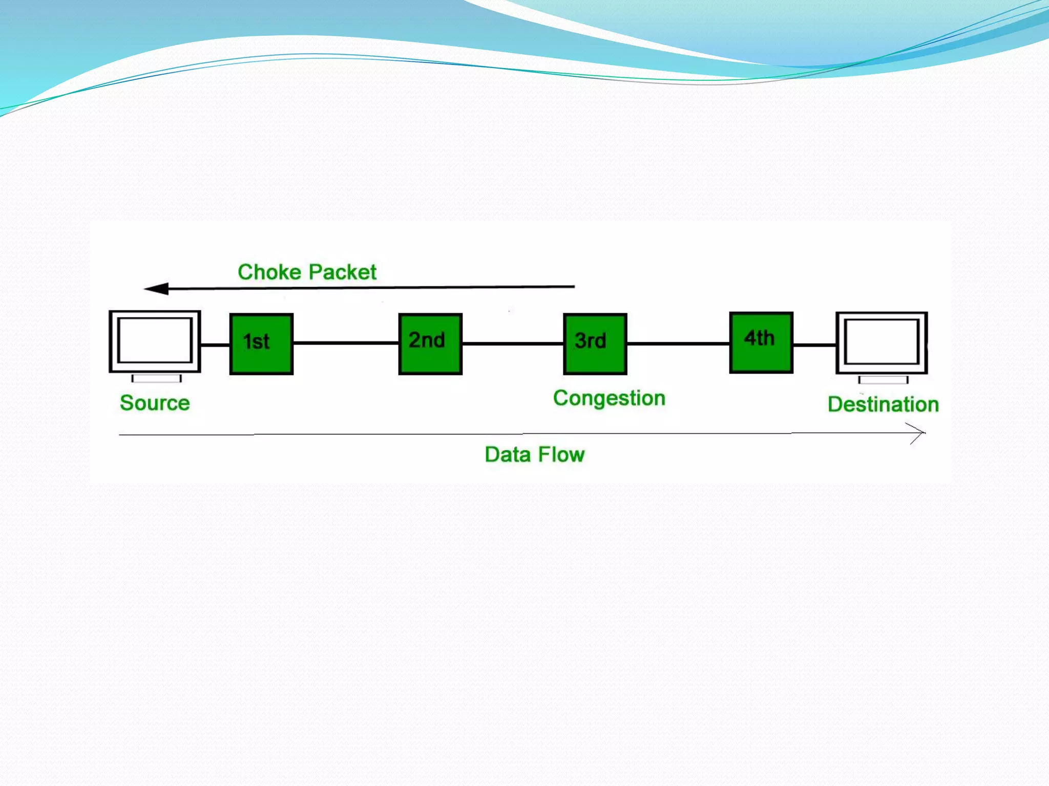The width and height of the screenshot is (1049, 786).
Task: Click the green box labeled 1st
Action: pos(261,344)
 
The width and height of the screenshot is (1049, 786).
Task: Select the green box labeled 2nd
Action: pos(430,344)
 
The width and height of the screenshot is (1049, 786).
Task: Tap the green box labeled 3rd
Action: pos(595,344)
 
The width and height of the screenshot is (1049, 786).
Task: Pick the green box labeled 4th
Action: pos(761,342)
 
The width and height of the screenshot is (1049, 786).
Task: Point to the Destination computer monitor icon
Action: pos(882,342)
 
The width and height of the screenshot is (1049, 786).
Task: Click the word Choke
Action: pos(269,272)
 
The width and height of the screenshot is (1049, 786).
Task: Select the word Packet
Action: pos(342,272)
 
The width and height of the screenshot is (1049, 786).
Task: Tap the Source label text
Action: pos(155,403)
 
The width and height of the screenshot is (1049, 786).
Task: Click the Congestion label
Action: pos(609,399)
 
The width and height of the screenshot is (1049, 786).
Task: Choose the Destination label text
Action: pos(883,405)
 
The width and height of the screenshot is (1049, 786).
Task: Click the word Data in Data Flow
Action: pos(507,454)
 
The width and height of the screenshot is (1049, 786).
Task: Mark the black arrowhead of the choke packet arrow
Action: pos(157,289)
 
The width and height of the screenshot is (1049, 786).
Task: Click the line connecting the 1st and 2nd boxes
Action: pos(346,343)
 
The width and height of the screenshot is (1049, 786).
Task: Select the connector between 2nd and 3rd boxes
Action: pos(512,343)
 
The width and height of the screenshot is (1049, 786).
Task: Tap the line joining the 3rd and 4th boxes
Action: pos(678,344)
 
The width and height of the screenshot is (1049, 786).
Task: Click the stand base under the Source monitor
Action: pos(156,379)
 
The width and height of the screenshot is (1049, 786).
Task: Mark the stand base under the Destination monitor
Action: pos(883,380)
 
